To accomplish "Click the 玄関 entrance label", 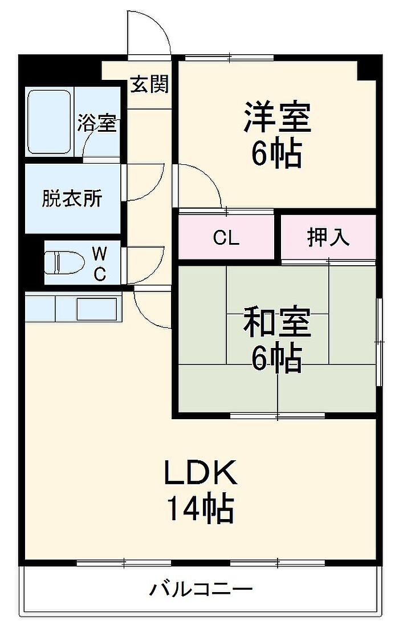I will [x=150, y=84].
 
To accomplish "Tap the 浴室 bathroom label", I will [x=97, y=123].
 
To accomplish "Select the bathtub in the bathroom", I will [x=48, y=121].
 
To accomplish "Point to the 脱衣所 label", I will [x=72, y=199].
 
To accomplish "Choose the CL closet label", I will [x=226, y=238].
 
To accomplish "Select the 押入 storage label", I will [x=328, y=237].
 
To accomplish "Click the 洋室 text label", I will [x=277, y=117].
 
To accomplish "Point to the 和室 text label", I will [x=277, y=323].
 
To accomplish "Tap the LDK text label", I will [x=200, y=473].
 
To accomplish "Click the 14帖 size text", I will [x=200, y=509].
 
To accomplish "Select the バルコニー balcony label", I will [x=200, y=589].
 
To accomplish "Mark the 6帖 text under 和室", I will [x=277, y=358].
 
